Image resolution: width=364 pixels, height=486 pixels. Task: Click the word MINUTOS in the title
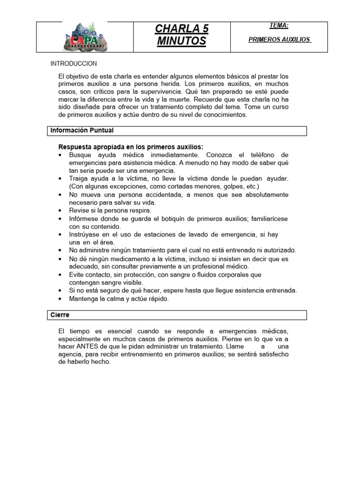tap(182, 42)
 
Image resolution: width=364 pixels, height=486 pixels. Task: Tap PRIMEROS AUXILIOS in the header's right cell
tap(280, 40)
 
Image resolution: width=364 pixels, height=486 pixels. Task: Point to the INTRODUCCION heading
tap(73, 64)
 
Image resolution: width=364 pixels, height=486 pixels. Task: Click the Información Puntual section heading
tap(82, 131)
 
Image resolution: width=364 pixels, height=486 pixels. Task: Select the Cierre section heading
tap(61, 315)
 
